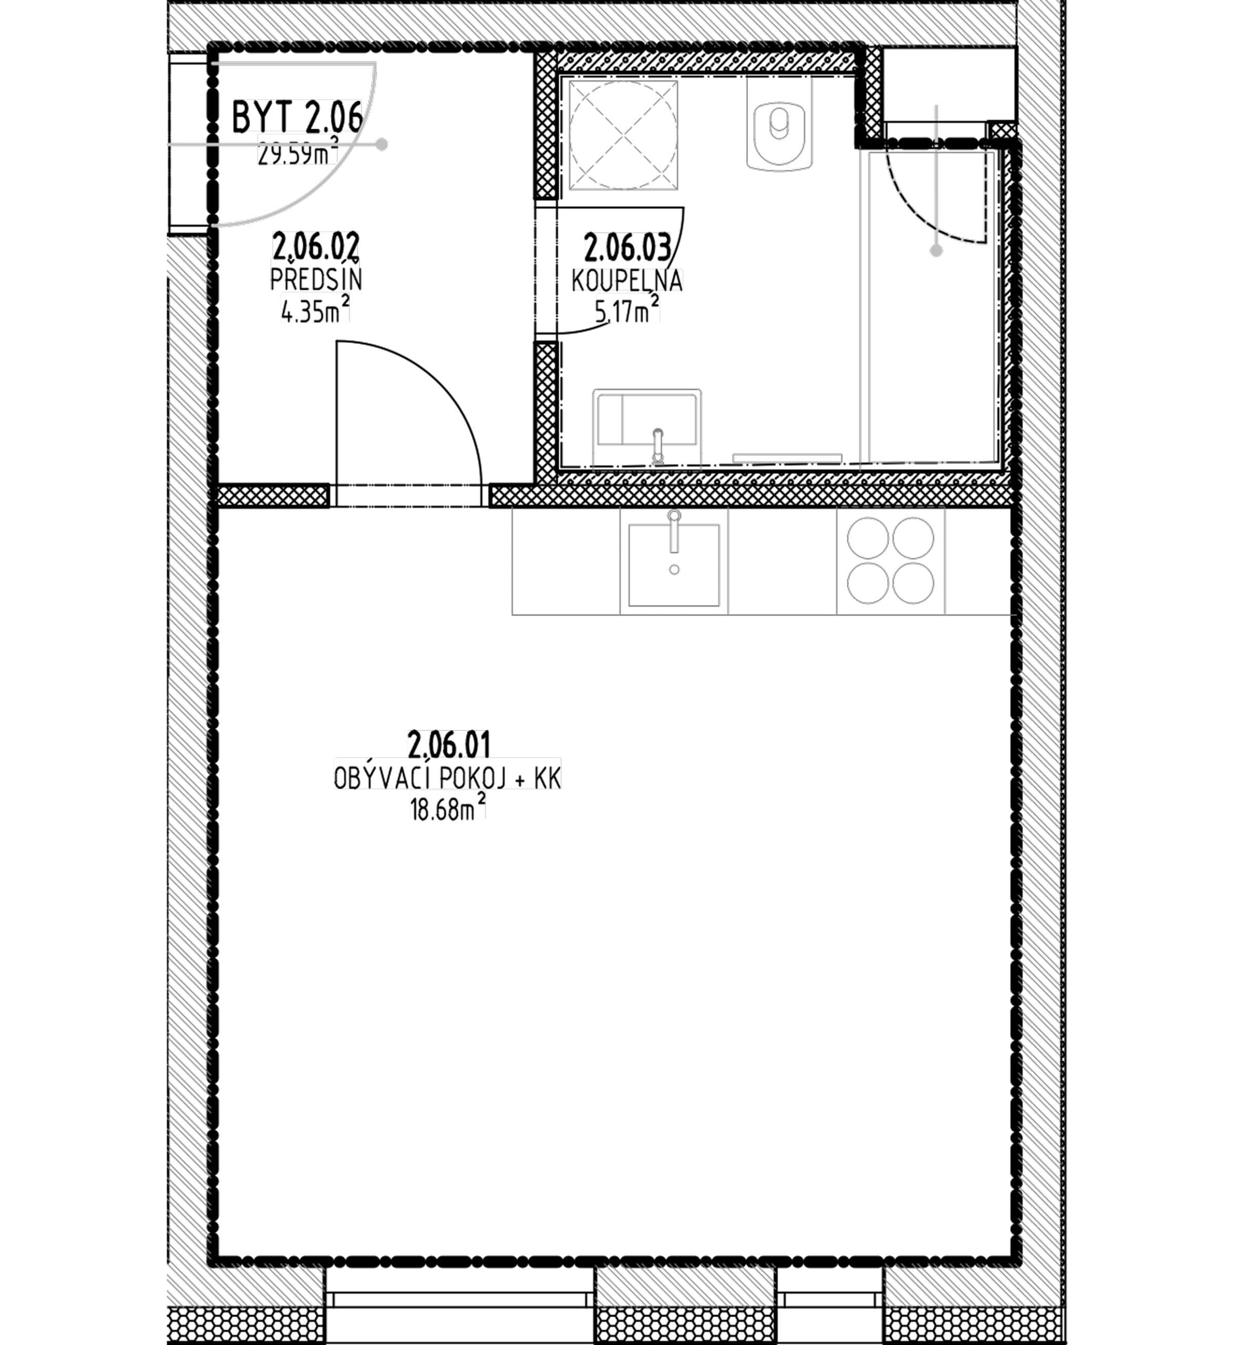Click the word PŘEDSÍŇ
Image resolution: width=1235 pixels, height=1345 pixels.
[x=316, y=280]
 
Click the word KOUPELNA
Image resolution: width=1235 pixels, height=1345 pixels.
[x=627, y=281]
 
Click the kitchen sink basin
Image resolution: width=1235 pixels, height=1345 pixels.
[x=674, y=565]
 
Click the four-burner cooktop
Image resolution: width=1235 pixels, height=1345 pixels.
[x=891, y=561]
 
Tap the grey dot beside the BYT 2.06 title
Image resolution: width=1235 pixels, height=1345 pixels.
[x=382, y=143]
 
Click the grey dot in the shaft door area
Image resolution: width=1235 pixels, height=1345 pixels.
[x=936, y=251]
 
